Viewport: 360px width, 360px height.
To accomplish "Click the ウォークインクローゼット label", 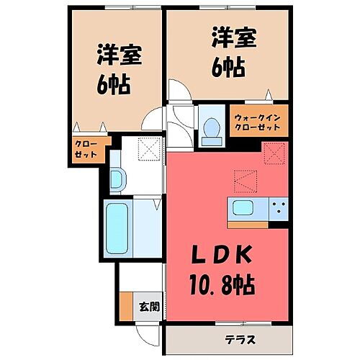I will click(x=260, y=120).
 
